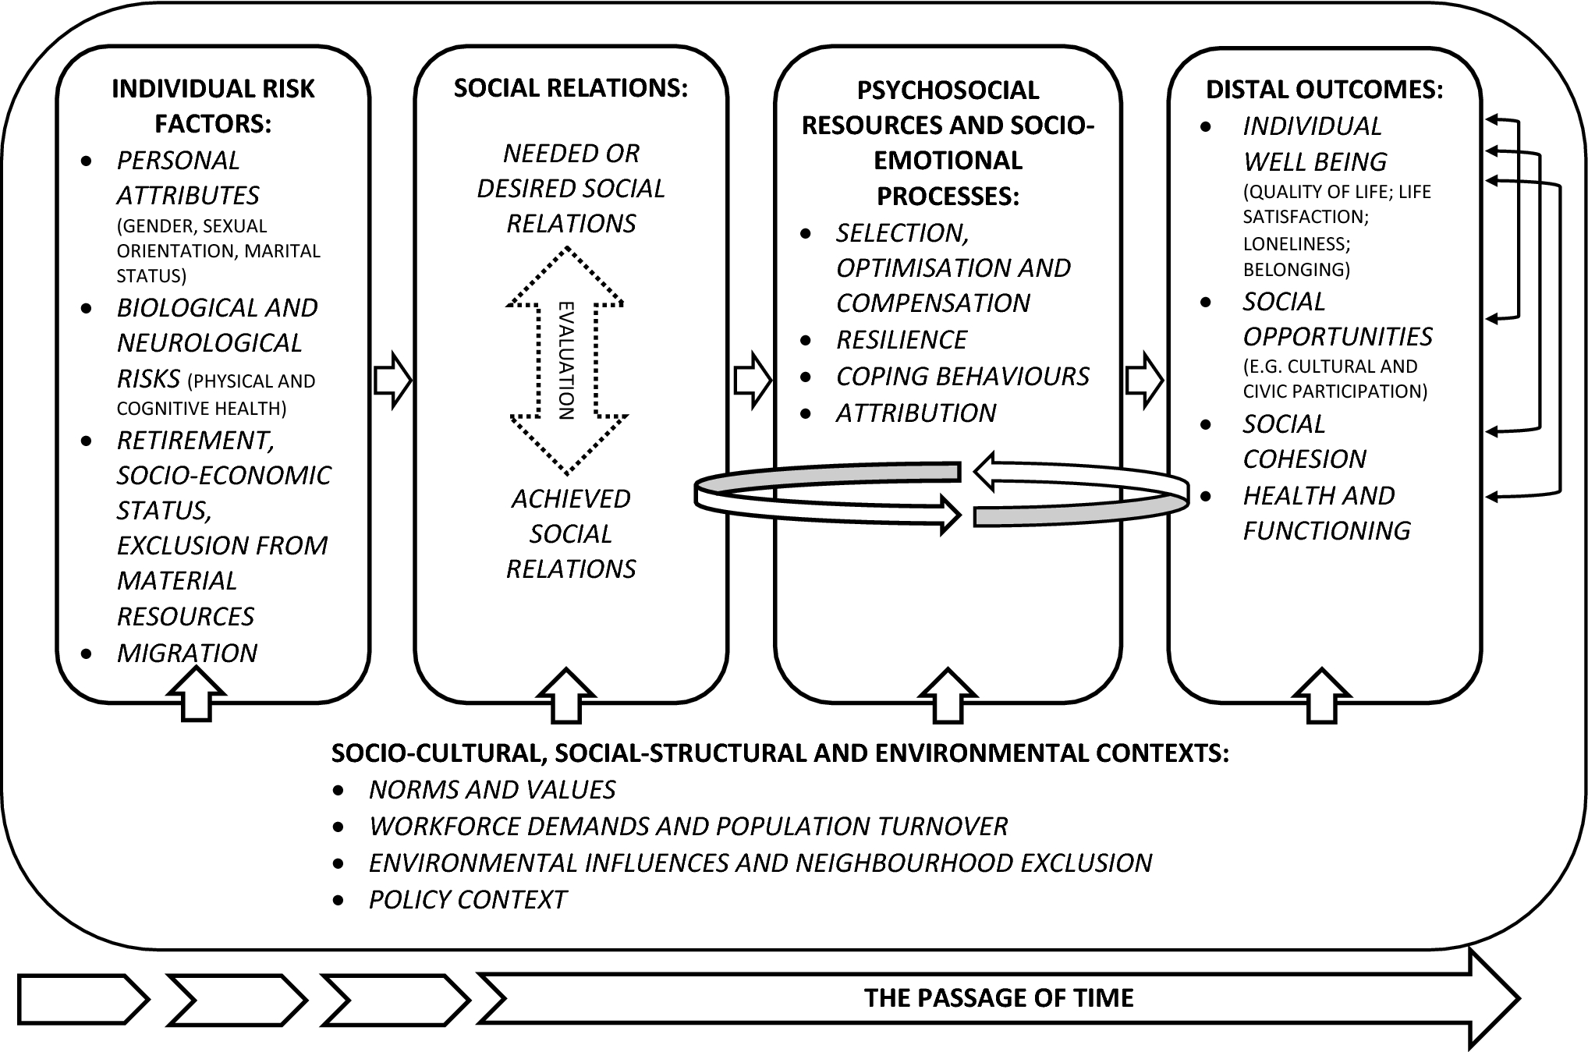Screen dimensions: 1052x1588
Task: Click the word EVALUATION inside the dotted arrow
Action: tap(567, 360)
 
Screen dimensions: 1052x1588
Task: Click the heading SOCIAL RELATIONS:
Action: tap(570, 88)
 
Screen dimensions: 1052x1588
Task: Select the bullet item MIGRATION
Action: tap(186, 653)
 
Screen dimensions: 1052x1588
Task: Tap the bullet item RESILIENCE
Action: tap(901, 340)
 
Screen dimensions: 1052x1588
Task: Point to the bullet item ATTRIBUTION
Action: tap(916, 413)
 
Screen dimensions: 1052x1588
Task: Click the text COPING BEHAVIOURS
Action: tap(962, 377)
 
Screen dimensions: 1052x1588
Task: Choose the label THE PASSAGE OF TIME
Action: tap(998, 998)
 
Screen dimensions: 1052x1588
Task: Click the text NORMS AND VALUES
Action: tap(491, 790)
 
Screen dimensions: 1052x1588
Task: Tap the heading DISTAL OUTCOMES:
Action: tap(1324, 90)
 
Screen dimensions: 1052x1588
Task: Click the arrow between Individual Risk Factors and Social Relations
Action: tap(392, 381)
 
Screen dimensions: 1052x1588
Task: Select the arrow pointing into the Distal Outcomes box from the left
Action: tap(1144, 381)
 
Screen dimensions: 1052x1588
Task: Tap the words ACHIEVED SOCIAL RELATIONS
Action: tap(570, 534)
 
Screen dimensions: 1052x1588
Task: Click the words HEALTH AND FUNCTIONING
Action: tap(1326, 513)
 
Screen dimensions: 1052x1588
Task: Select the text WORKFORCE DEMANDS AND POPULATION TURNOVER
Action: tap(688, 827)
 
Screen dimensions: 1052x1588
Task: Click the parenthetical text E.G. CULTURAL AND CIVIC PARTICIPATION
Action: tap(1334, 379)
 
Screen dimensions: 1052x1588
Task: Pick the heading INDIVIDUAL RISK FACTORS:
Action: tap(213, 106)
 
